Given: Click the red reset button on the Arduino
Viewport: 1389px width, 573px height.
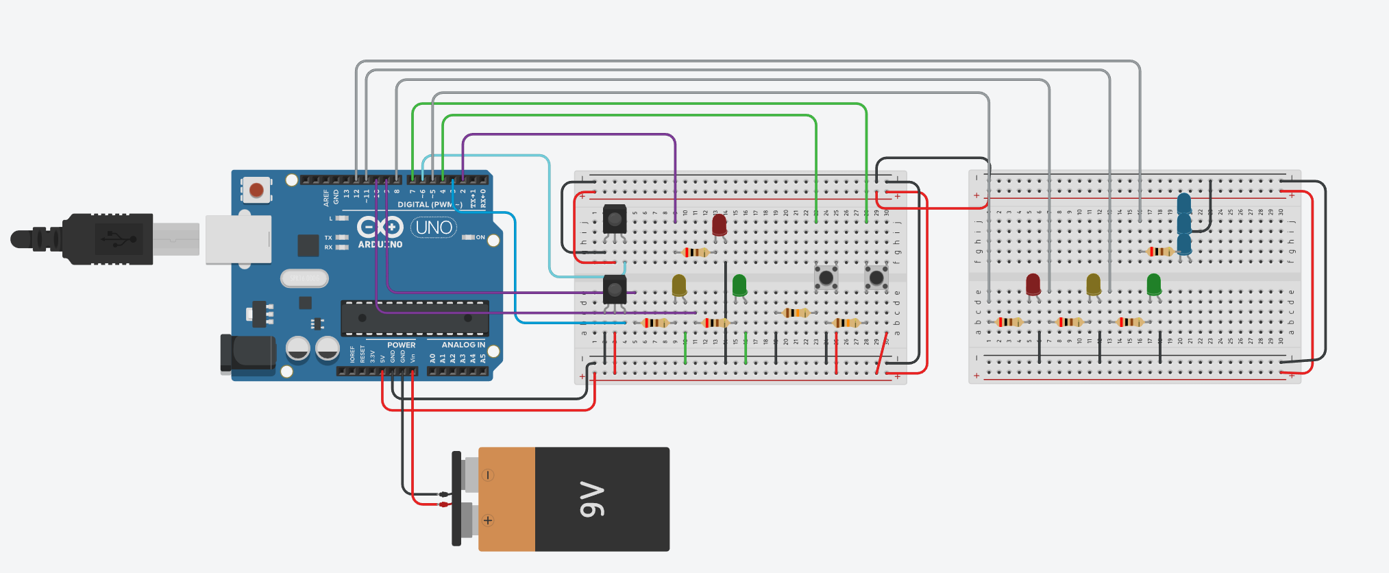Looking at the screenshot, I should coord(257,190).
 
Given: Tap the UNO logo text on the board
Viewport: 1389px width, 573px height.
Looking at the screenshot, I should coord(434,228).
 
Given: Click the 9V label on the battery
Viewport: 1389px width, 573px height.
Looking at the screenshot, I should coord(592,499).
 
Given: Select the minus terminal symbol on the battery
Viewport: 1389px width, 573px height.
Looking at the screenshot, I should coord(488,475).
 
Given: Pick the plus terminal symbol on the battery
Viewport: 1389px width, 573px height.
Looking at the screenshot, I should coord(488,520).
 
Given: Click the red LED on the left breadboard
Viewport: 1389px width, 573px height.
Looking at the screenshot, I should coord(719,225).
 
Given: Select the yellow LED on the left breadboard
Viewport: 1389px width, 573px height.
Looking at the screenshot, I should coord(679,284).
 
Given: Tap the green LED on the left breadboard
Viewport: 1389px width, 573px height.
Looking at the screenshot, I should coord(739,284).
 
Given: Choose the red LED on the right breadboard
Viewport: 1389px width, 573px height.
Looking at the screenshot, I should coord(1033,284).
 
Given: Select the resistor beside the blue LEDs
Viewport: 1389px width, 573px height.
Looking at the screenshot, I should coord(1159,252).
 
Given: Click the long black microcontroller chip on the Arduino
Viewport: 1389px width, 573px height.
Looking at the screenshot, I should coord(415,317).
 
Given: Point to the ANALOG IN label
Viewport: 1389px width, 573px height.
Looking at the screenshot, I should coord(463,345).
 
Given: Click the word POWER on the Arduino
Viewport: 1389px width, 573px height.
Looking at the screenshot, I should coord(401,345).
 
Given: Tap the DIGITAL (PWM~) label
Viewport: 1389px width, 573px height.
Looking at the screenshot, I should coord(430,204).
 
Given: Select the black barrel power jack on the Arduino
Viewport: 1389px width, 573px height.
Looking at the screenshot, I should coord(247,353).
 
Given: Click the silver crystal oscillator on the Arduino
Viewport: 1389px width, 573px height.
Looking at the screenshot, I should coord(304,278).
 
